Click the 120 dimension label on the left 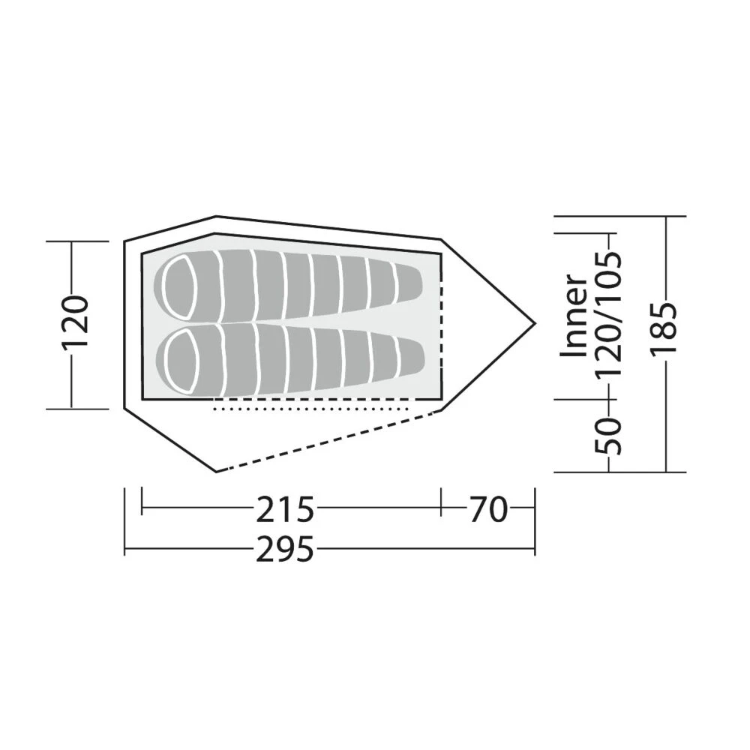76,323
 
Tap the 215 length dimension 285,511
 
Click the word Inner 574,315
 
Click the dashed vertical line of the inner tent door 441,330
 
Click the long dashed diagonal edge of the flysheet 322,442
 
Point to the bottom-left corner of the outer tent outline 217,471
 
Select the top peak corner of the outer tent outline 217,217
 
